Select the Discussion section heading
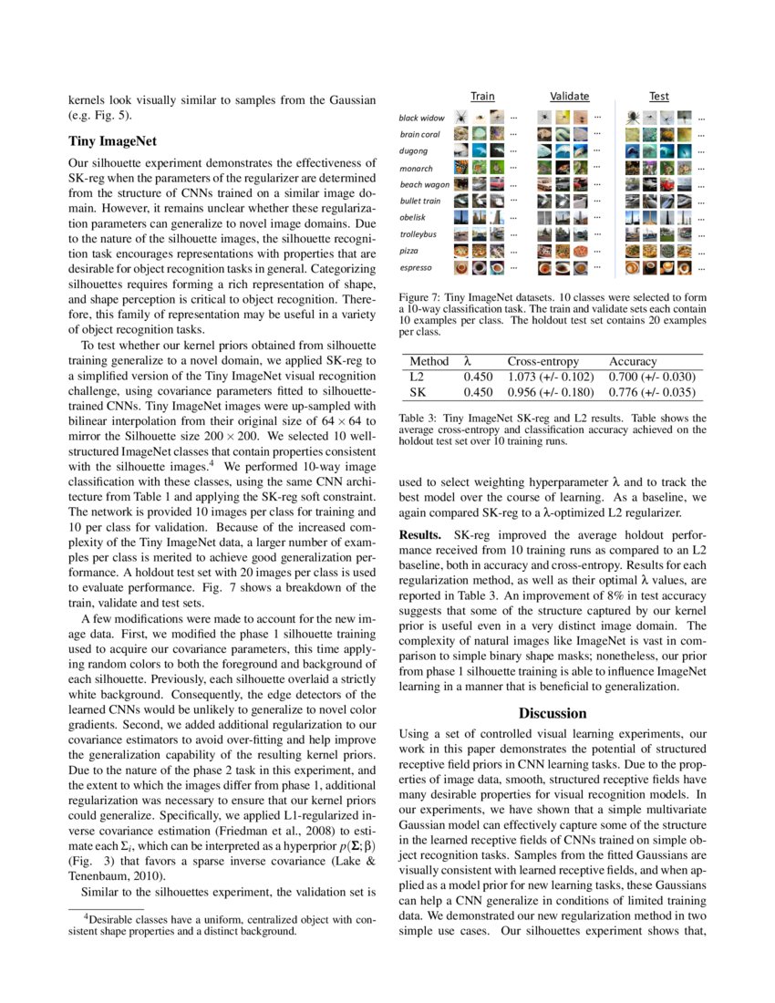click(x=553, y=713)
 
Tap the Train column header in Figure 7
click(x=482, y=97)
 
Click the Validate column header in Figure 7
click(x=570, y=97)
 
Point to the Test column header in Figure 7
click(x=659, y=97)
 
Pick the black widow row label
click(x=422, y=119)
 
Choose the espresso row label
click(x=416, y=268)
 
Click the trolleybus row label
click(x=418, y=234)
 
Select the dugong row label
click(x=414, y=151)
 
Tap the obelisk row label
click(x=413, y=217)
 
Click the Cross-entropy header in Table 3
click(x=544, y=362)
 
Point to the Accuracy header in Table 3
click(x=633, y=362)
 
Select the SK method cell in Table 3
click(x=418, y=392)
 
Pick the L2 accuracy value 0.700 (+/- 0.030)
click(x=653, y=377)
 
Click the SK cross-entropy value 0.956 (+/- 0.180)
click(x=552, y=392)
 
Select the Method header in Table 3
click(x=429, y=362)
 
